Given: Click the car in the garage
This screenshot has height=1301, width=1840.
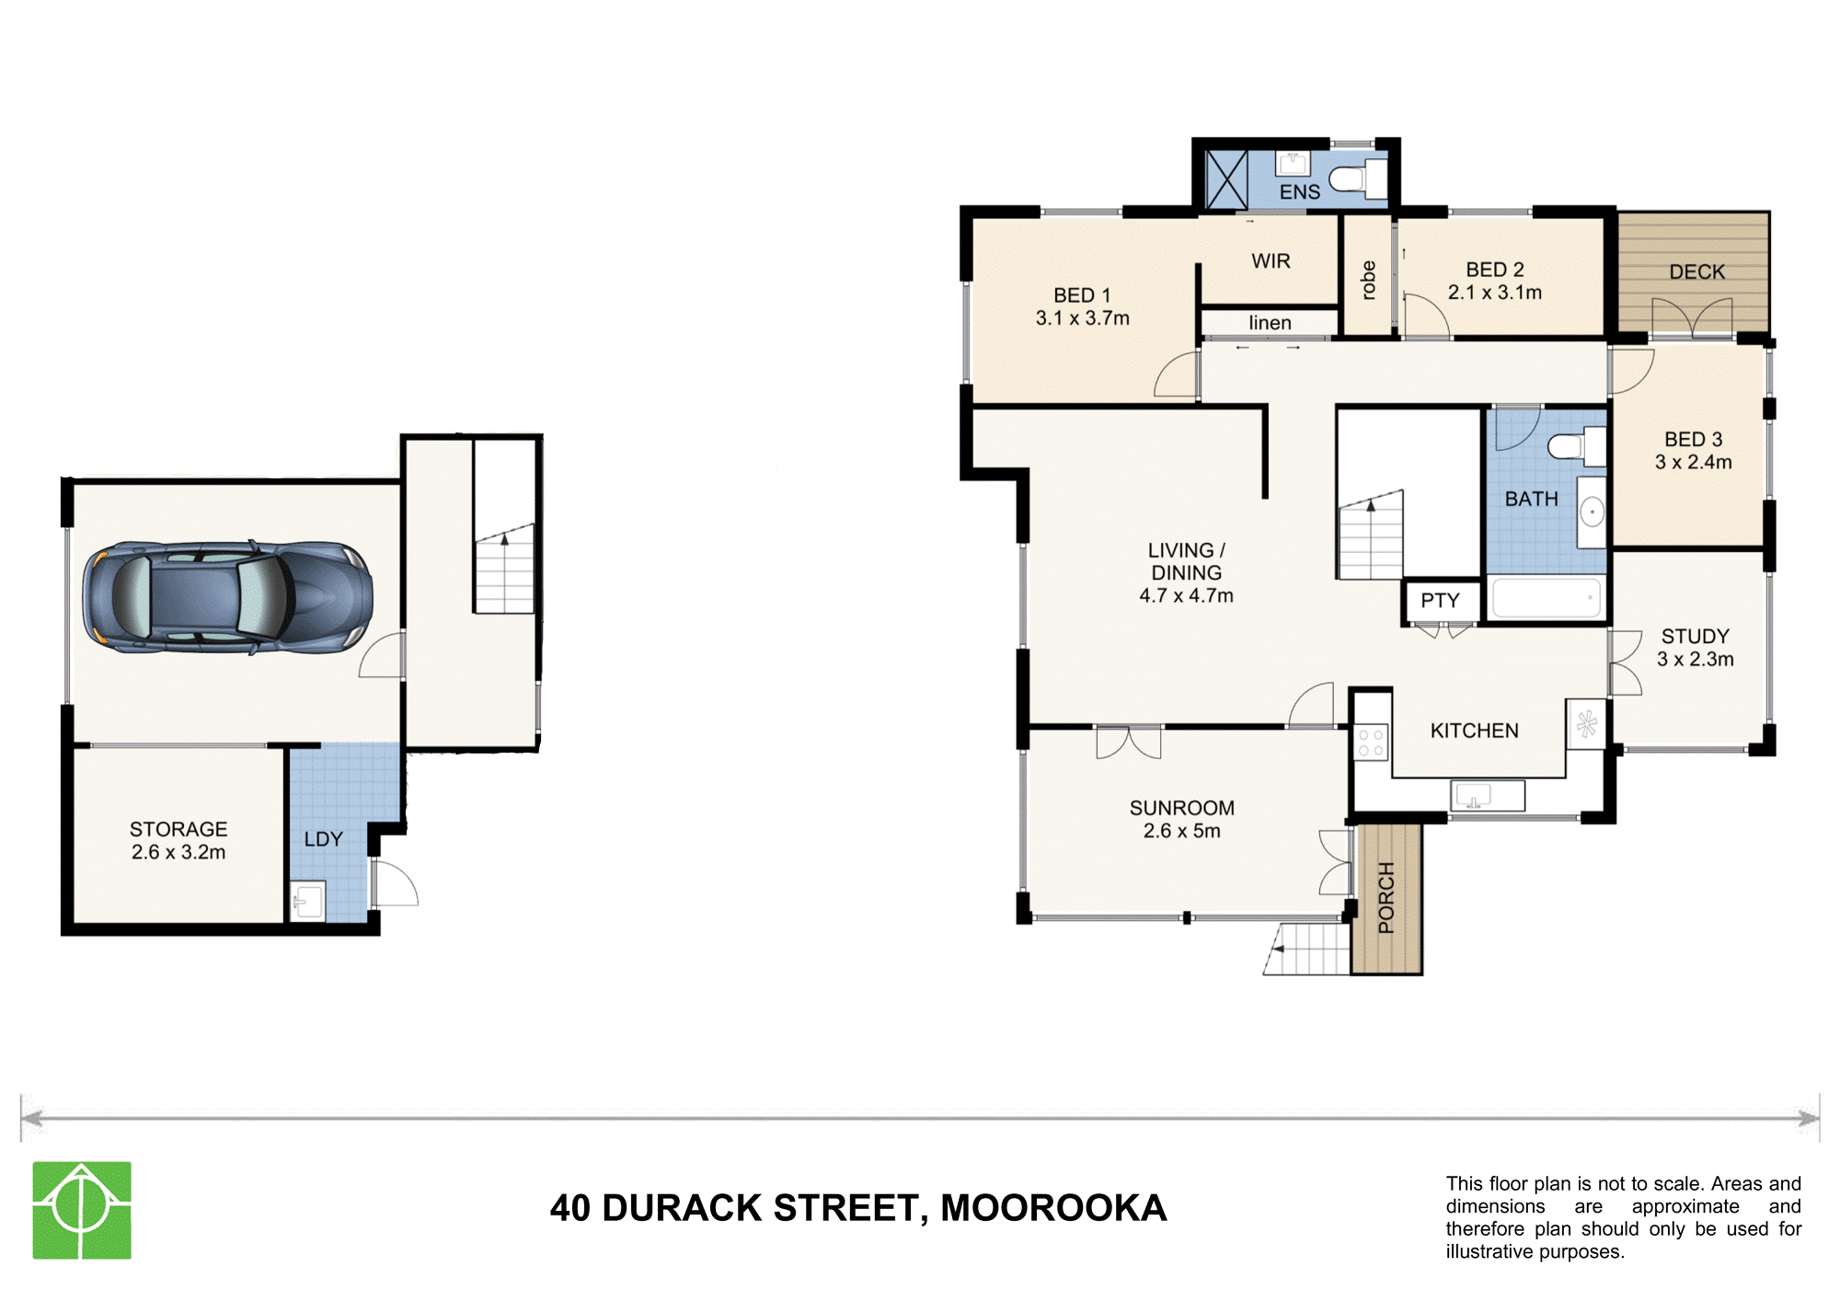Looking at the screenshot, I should click(227, 597).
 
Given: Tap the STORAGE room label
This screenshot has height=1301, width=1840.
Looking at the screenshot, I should click(178, 829).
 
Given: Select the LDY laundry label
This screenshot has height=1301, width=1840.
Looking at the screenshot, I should click(323, 839).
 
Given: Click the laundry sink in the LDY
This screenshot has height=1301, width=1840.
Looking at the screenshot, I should click(307, 901).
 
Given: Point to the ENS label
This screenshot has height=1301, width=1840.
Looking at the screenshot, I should click(1299, 192).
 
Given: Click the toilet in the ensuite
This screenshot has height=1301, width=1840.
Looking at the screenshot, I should click(1358, 178).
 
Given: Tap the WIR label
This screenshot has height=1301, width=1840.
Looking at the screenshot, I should click(1271, 261).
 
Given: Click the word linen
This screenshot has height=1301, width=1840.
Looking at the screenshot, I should click(1270, 323).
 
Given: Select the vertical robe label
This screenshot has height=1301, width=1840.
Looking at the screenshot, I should click(1368, 280).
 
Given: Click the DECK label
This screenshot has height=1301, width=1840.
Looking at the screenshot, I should click(1696, 272).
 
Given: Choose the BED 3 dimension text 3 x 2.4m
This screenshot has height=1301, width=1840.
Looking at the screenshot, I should click(1693, 462).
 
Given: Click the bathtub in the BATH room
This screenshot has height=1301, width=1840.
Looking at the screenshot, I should click(1546, 598).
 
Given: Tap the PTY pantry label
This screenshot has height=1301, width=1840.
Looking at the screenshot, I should click(1440, 601).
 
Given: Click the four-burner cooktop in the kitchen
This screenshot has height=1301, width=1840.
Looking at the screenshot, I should click(1371, 743).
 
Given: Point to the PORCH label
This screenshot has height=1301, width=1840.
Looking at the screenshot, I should click(1386, 898).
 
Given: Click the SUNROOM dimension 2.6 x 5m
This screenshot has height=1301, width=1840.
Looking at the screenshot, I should click(1181, 831).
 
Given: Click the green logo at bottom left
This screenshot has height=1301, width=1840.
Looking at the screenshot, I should click(82, 1210).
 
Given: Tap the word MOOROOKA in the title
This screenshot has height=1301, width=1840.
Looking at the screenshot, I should click(1053, 1208).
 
